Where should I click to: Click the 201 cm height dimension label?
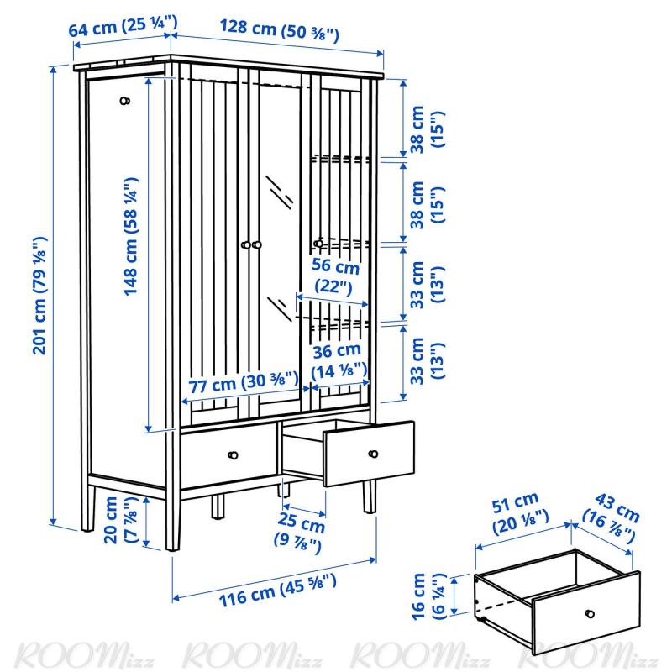pyautogui.click(x=39, y=296)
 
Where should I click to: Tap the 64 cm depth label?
pyautogui.click(x=123, y=27)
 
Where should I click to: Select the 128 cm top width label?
pyautogui.click(x=280, y=30)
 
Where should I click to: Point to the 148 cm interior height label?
pyautogui.click(x=131, y=236)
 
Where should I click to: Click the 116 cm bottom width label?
pyautogui.click(x=278, y=591)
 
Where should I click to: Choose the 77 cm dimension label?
pyautogui.click(x=244, y=381)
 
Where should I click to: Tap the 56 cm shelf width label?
pyautogui.click(x=334, y=276)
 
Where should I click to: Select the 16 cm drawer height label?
pyautogui.click(x=428, y=596)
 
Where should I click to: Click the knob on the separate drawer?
pyautogui.click(x=590, y=614)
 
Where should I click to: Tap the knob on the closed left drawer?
pyautogui.click(x=233, y=454)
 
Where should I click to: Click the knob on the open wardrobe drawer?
pyautogui.click(x=373, y=454)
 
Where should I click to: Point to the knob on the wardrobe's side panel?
pyautogui.click(x=124, y=101)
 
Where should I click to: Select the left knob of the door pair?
pyautogui.click(x=245, y=244)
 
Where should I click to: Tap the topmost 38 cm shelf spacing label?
pyautogui.click(x=427, y=129)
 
